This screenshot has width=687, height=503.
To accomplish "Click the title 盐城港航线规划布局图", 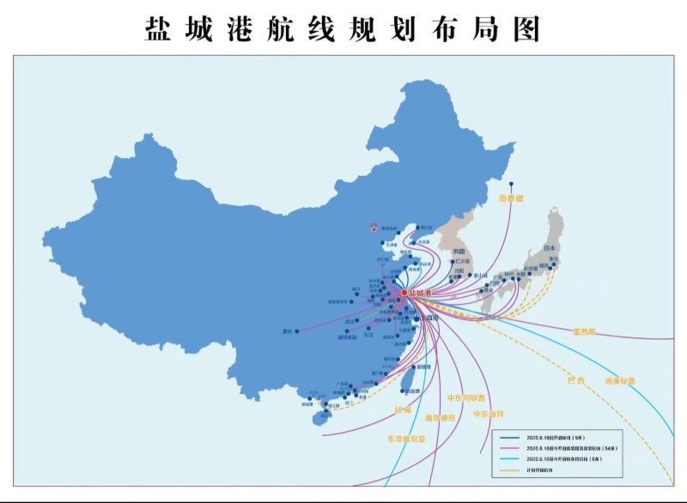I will (x=343, y=27).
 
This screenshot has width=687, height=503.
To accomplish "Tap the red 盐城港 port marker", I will (x=404, y=293).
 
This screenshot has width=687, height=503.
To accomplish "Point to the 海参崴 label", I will (x=511, y=198).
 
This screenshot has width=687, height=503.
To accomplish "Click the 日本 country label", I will (x=550, y=249).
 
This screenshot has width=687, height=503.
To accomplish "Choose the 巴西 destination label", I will (x=575, y=379).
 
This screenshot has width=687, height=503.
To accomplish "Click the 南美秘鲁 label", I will (x=620, y=380).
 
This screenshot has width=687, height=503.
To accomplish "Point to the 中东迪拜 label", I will (x=489, y=414).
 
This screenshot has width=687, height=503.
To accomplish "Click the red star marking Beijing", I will (x=374, y=228).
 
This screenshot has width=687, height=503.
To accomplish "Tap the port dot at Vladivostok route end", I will (x=511, y=183).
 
